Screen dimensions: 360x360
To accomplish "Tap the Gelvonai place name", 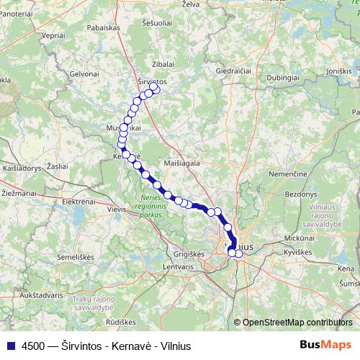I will pos(83,74).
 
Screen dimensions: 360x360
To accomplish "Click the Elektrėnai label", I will pos(78,202).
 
